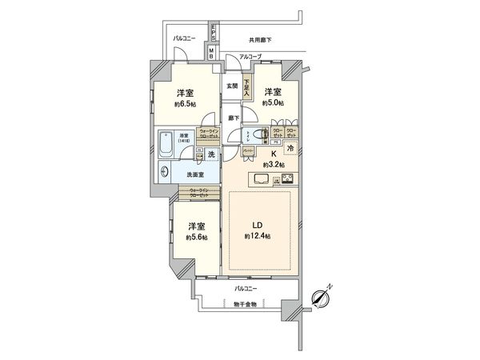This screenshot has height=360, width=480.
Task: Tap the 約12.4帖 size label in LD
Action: coord(257,238)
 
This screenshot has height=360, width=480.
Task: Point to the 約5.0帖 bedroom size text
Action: coord(274,103)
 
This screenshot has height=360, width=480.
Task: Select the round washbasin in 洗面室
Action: coord(165,170)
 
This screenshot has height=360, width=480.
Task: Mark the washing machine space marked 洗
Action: coord(210,154)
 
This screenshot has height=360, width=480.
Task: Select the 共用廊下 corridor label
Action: coord(260,38)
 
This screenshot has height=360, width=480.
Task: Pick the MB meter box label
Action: coord(210,54)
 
